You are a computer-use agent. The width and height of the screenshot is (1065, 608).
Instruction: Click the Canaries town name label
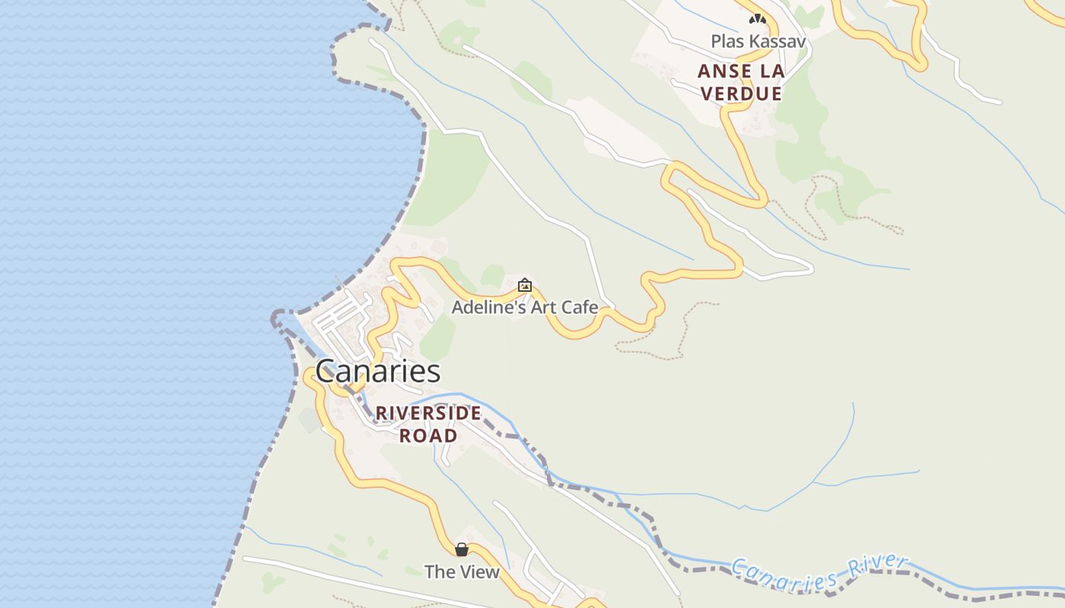377,372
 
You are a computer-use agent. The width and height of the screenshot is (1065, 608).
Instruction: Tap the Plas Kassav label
758,41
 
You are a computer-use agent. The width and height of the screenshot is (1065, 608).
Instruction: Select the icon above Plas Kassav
757,19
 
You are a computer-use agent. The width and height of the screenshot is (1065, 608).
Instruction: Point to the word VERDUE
741,93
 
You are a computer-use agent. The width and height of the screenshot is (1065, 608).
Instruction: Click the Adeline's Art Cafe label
524,308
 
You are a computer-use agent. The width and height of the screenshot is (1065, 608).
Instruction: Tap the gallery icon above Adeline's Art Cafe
524,286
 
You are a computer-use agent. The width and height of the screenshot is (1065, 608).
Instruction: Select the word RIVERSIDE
428,413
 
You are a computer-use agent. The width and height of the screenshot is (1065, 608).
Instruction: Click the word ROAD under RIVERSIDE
428,435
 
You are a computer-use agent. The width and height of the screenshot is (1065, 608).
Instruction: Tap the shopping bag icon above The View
462,549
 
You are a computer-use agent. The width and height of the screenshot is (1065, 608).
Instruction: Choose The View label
462,572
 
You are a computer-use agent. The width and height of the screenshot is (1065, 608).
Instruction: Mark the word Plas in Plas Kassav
726,41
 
